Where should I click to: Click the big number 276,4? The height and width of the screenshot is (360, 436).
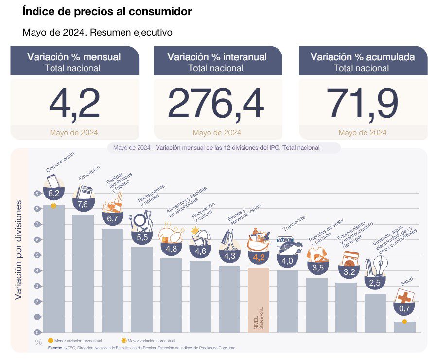click(216, 104)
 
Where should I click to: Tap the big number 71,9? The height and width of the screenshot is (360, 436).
click(363, 104)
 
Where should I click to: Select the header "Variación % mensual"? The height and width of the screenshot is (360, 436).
click(74, 57)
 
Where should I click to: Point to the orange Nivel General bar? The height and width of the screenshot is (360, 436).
click(258, 299)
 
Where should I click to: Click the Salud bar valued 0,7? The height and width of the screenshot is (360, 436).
click(404, 327)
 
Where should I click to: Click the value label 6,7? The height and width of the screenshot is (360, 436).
click(112, 219)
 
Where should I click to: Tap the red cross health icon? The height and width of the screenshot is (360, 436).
click(404, 296)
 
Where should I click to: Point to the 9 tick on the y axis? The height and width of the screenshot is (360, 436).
click(37, 194)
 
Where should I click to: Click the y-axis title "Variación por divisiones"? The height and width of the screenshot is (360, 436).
click(18, 249)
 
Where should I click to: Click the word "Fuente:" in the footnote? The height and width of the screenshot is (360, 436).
click(55, 348)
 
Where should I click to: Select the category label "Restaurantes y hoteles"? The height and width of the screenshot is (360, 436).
click(152, 195)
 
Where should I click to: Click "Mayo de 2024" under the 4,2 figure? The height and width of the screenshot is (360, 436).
click(74, 133)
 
